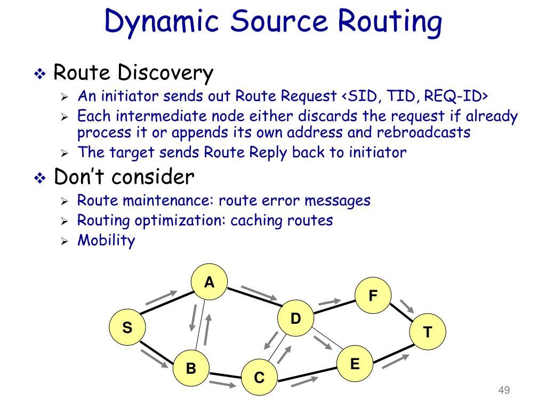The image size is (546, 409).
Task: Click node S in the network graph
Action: click(x=127, y=328)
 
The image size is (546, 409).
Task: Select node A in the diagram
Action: click(x=210, y=283)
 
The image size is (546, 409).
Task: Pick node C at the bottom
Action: click(x=259, y=378)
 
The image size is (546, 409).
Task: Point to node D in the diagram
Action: click(x=295, y=319)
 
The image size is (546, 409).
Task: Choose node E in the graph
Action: click(x=355, y=364)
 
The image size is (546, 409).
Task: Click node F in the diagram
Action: click(x=373, y=295)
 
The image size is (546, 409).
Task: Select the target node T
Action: click(x=428, y=332)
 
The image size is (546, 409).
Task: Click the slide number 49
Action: click(x=504, y=391)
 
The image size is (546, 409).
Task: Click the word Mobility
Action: click(x=106, y=240)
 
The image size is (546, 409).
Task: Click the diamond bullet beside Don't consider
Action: click(x=41, y=178)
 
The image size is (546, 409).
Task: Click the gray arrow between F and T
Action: click(x=407, y=306)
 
